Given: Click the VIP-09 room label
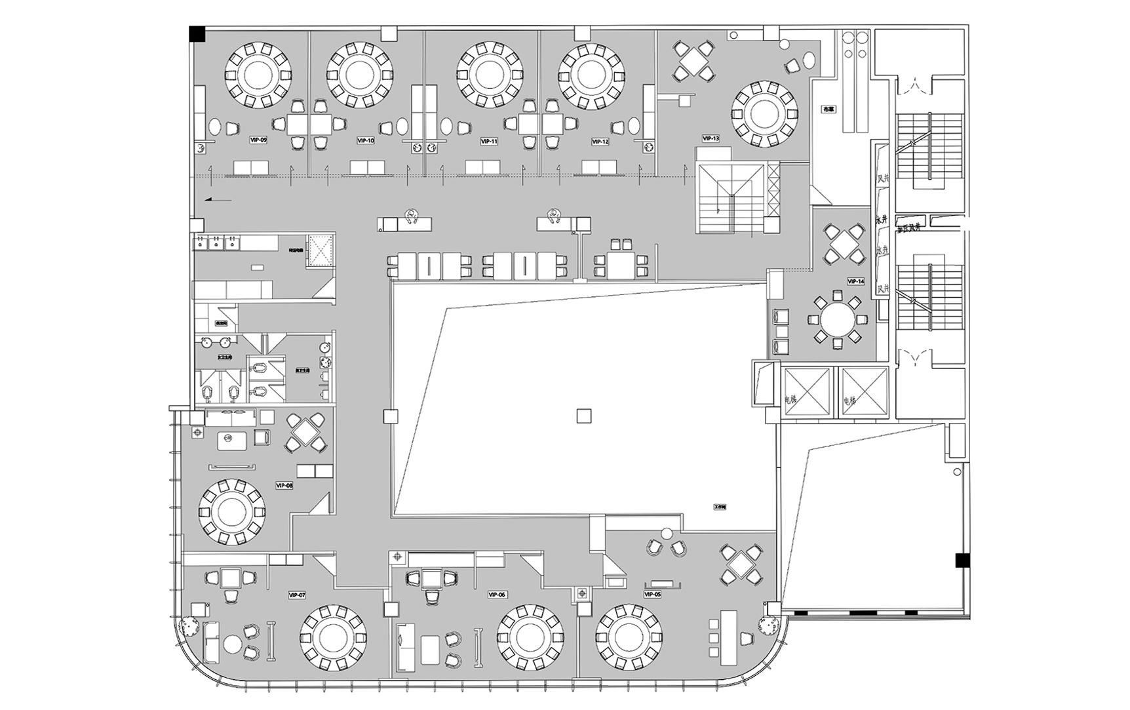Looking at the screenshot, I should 258,140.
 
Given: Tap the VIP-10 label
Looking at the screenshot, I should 366,140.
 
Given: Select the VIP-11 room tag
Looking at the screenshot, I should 489,141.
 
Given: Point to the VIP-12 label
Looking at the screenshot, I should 600,141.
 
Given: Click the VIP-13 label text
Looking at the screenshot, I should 711,138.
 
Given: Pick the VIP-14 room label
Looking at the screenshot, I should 856,281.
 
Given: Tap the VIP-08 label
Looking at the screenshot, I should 284,486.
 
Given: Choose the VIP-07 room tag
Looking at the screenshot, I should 297,595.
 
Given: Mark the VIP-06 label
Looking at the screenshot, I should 497,595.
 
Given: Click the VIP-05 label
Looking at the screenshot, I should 653,595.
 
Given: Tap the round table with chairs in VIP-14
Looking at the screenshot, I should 837,321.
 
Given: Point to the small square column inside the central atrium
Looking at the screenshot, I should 583,416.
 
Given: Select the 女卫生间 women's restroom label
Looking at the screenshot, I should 223,357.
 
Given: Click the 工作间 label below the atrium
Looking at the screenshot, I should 721,507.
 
